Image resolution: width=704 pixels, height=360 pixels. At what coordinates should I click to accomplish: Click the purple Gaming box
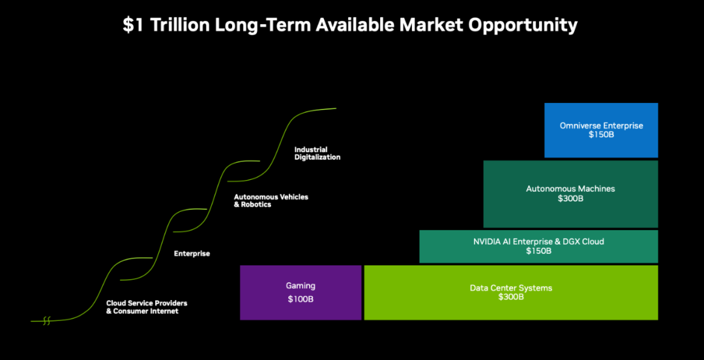pyautogui.click(x=301, y=293)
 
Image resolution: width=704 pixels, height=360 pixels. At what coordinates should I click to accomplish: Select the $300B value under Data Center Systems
pyautogui.click(x=511, y=297)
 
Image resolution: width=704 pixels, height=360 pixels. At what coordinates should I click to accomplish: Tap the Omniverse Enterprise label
pyautogui.click(x=601, y=126)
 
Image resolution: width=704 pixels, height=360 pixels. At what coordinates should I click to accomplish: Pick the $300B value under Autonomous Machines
pyautogui.click(x=570, y=198)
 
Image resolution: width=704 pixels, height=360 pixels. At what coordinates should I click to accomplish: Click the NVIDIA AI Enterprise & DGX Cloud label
pyautogui.click(x=539, y=242)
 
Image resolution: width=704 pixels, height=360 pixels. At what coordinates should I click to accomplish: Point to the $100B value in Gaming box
pyautogui.click(x=301, y=299)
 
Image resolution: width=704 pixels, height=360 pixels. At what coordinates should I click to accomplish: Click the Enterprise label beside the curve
pyautogui.click(x=192, y=254)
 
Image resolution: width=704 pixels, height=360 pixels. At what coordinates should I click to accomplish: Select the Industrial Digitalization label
pyautogui.click(x=317, y=153)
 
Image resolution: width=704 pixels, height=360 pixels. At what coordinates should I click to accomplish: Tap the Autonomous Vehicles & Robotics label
pyautogui.click(x=271, y=200)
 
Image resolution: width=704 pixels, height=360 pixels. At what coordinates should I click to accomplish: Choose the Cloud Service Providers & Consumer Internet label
pyautogui.click(x=147, y=307)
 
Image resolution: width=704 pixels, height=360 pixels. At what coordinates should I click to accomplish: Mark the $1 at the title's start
pyautogui.click(x=134, y=25)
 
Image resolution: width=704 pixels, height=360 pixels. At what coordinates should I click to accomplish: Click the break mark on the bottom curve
pyautogui.click(x=46, y=321)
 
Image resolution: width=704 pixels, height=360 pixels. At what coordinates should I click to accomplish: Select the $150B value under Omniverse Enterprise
pyautogui.click(x=601, y=135)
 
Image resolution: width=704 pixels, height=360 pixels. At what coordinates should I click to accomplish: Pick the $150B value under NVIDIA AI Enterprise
pyautogui.click(x=539, y=251)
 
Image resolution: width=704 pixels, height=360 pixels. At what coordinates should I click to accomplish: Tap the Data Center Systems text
pyautogui.click(x=511, y=288)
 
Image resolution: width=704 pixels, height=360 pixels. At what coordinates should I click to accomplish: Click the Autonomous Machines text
pyautogui.click(x=570, y=188)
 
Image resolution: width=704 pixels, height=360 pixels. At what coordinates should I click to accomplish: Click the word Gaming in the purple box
pyautogui.click(x=301, y=286)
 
